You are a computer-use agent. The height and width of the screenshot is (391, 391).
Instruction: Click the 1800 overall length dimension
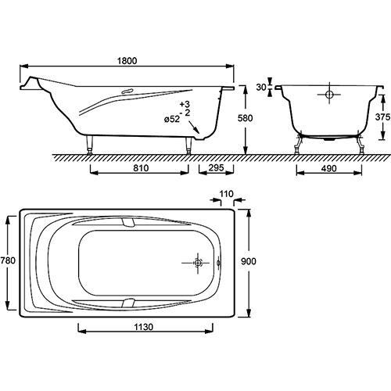coord(127,61)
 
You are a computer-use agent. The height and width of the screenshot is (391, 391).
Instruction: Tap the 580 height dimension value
coord(245,118)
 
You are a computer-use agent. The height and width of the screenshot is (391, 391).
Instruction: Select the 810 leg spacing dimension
coord(141,168)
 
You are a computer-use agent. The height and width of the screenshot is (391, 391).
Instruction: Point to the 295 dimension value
coord(217,167)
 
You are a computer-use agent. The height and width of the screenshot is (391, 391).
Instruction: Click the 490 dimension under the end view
coord(328,169)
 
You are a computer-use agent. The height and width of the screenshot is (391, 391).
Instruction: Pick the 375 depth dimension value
coord(382,117)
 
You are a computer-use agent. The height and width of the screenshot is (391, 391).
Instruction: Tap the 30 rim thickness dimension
coord(261,88)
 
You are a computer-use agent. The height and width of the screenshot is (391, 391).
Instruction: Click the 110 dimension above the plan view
coord(226,194)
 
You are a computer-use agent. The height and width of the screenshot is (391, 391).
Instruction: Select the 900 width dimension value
coord(249,261)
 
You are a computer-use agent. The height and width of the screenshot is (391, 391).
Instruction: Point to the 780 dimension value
coord(8,260)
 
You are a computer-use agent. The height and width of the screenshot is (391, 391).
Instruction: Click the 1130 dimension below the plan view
coord(144,327)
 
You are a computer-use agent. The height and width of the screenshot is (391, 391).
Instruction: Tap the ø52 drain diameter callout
coord(172,119)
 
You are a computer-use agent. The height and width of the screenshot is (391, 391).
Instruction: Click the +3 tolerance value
coord(185,104)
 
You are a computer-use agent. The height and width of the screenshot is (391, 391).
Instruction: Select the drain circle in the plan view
coord(198,263)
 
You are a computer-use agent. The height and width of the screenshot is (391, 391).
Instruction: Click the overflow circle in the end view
coord(329,95)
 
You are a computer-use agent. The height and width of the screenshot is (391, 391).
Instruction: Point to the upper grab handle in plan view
coord(128,222)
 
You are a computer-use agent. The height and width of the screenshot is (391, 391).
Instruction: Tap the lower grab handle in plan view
coord(128,303)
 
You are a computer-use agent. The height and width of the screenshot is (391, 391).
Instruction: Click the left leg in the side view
coord(89,144)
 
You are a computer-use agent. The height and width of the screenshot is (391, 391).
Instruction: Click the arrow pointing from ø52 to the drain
coord(194,127)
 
